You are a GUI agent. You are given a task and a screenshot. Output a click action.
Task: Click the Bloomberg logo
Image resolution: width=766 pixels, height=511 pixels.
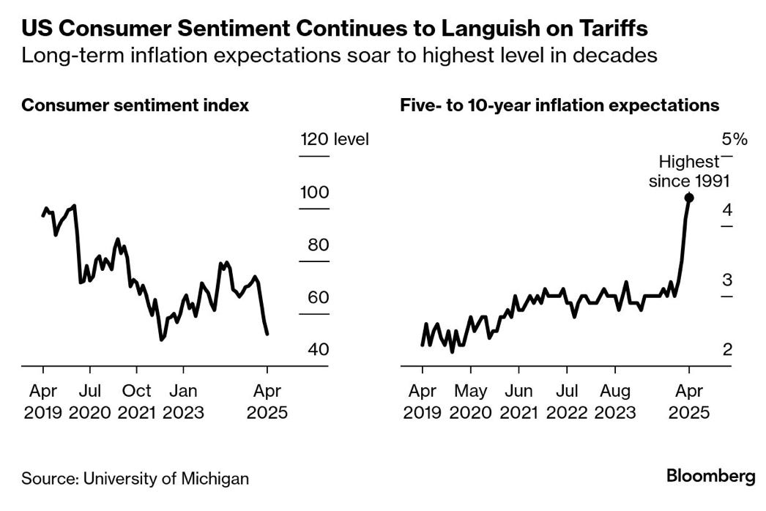pyautogui.click(x=710, y=477)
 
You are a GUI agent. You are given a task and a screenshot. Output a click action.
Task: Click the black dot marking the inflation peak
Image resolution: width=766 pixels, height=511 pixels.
pyautogui.click(x=688, y=197)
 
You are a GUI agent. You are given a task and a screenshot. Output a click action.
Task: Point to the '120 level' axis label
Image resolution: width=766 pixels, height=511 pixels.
pyautogui.click(x=335, y=139)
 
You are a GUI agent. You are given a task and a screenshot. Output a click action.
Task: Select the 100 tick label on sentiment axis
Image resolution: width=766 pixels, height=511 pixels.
pyautogui.click(x=314, y=193)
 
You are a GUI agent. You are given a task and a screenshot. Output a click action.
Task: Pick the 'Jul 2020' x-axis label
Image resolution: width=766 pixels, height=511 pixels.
pyautogui.click(x=89, y=401)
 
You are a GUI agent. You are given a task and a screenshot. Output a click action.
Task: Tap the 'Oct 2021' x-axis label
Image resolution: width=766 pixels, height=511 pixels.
pyautogui.click(x=136, y=401)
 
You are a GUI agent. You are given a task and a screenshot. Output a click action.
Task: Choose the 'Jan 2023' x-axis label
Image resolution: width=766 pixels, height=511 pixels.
pyautogui.click(x=183, y=401)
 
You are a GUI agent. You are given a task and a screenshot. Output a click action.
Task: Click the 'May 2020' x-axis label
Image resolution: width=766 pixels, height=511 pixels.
pyautogui.click(x=469, y=401)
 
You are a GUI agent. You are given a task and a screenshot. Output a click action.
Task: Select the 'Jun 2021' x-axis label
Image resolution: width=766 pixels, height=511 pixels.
pyautogui.click(x=519, y=401)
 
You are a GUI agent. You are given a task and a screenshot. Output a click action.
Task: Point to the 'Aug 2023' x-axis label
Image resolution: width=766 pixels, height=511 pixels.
pyautogui.click(x=614, y=401)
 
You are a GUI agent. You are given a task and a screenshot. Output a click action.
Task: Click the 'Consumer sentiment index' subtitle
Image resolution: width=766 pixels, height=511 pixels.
pyautogui.click(x=135, y=105)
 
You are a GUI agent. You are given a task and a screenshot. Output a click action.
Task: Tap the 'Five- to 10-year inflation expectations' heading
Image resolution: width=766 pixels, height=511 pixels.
pyautogui.click(x=559, y=105)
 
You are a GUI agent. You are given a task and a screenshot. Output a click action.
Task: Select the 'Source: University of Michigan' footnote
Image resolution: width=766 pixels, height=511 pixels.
pyautogui.click(x=135, y=479)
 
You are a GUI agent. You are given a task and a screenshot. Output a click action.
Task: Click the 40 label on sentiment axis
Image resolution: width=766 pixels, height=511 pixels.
pyautogui.click(x=318, y=350)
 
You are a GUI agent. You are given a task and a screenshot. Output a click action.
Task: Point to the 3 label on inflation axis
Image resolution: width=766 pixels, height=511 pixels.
pyautogui.click(x=727, y=280)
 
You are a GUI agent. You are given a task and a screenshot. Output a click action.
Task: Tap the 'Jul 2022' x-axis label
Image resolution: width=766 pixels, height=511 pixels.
pyautogui.click(x=566, y=401)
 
